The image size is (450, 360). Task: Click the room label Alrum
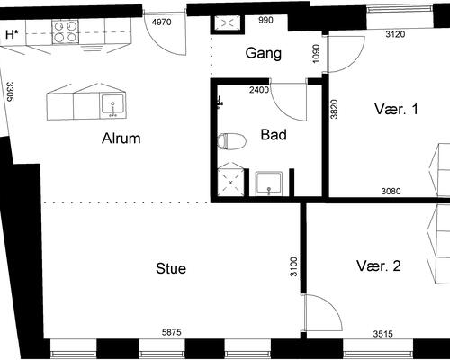point(121,139)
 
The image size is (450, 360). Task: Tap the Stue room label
point(171,268)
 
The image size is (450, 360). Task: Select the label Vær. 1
point(396,109)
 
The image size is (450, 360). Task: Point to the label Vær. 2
point(379,265)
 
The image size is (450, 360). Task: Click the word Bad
point(274,135)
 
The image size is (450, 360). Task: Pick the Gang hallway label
point(264,54)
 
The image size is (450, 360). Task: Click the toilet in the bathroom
point(231,141)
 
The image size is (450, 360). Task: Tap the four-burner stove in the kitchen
point(66,31)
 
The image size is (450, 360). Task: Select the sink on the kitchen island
point(112,105)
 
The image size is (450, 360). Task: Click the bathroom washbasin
point(269,184)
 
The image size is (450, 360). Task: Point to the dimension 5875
point(172,332)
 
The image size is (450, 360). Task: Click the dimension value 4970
point(161,22)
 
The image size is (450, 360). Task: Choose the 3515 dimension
point(383,334)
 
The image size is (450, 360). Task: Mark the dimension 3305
point(10,92)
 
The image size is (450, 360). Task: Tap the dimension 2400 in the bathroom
point(259,90)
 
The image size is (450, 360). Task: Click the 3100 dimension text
point(295,266)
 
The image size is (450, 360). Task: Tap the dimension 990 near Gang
point(265,20)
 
